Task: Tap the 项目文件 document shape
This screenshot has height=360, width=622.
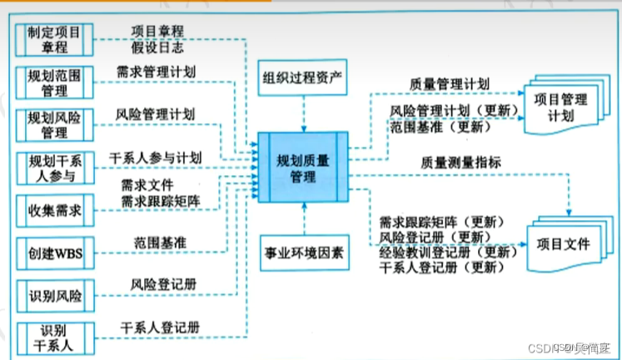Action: tap(562, 244)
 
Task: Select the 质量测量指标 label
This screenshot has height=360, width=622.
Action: tap(460, 163)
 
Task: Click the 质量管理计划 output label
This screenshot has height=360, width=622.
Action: tap(449, 84)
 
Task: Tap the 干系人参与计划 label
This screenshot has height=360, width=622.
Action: tap(155, 156)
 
